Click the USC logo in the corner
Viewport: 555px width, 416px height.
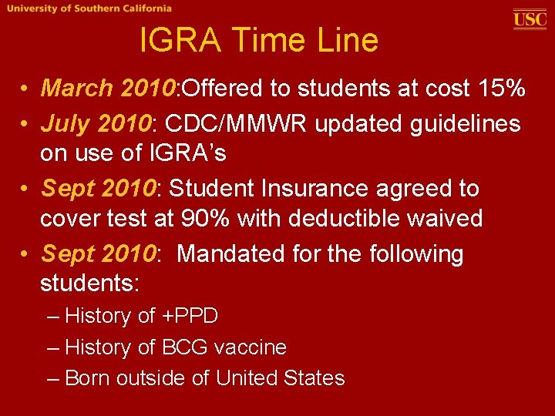click(x=530, y=18)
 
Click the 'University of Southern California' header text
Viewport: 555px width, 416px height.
click(x=88, y=8)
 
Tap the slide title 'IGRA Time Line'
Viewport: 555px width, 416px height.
click(x=259, y=40)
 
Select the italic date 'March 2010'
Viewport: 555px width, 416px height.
click(x=109, y=89)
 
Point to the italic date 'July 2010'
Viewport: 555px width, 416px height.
click(x=97, y=123)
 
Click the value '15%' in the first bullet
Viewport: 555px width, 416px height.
click(x=501, y=89)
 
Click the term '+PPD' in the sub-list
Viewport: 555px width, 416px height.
click(x=190, y=316)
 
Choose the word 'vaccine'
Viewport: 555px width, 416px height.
click(x=251, y=347)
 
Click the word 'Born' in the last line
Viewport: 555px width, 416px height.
click(x=86, y=378)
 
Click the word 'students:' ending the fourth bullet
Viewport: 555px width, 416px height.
click(x=89, y=283)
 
